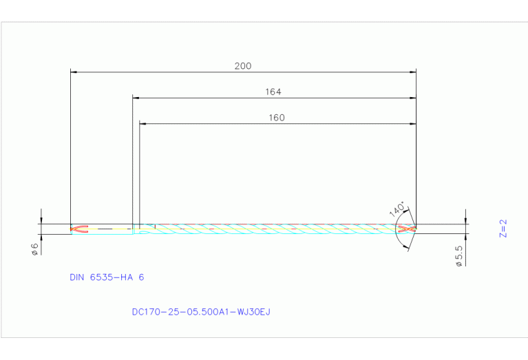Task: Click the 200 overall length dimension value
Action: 243,66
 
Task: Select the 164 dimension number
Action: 273,92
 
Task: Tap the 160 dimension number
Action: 277,118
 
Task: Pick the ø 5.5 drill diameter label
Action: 459,256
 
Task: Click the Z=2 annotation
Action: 503,229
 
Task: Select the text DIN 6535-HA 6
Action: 107,277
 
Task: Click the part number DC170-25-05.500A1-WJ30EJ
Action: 201,312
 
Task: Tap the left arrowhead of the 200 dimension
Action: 74,71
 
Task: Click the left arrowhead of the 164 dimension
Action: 136,98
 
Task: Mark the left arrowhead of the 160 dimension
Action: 142,124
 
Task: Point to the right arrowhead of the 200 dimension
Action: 413,71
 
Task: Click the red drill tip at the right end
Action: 411,229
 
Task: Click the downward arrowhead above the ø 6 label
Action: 41,220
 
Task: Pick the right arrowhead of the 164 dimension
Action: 413,98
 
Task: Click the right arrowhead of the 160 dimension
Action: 413,124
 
